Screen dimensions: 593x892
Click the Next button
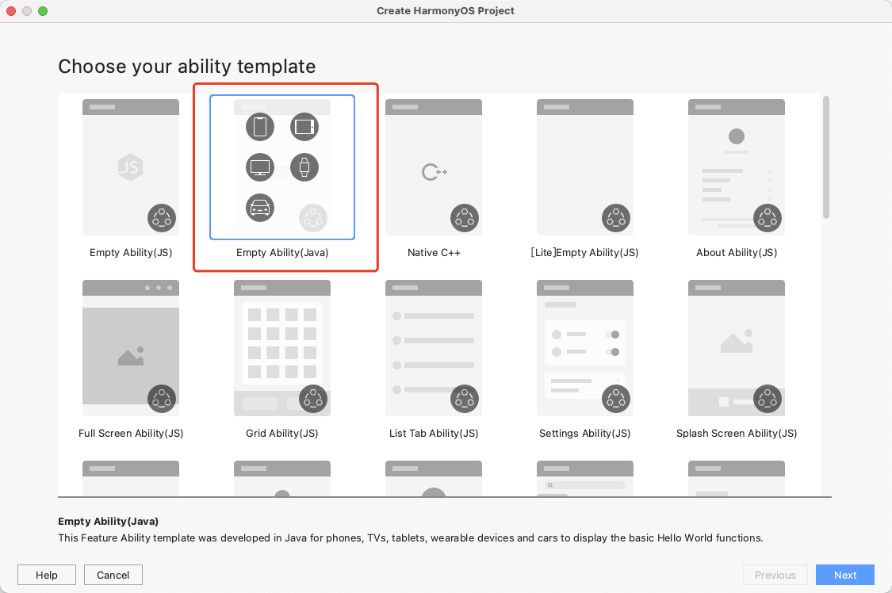[844, 575]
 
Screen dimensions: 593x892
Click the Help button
[47, 575]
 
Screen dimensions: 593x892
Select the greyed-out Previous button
[775, 575]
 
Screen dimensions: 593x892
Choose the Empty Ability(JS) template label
[131, 253]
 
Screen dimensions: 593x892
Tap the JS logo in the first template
[130, 167]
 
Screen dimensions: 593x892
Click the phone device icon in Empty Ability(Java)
[260, 126]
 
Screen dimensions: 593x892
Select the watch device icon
[304, 166]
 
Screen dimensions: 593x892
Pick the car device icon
[260, 207]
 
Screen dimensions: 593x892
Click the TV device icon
[260, 166]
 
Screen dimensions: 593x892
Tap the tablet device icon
[304, 126]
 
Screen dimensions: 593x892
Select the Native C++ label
[434, 253]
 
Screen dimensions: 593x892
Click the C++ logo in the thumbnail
[434, 171]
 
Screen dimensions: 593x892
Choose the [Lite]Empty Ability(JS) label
[584, 253]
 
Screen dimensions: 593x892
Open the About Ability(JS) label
[737, 253]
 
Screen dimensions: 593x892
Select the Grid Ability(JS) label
[282, 434]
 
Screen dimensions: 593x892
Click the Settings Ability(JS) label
[584, 434]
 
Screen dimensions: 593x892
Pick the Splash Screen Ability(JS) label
[737, 434]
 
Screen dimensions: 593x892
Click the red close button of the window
[11, 11]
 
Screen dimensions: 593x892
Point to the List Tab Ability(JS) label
[434, 434]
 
